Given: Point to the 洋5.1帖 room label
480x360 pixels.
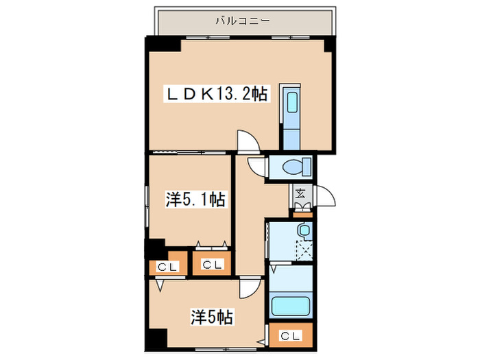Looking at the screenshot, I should coord(195,200).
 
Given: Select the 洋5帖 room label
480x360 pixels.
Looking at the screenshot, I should coord(213,317).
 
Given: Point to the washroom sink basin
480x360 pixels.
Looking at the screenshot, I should coord(303,230).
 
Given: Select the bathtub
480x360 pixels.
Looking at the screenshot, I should coord(291,304).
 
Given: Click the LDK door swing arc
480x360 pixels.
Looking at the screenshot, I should coord(245,139).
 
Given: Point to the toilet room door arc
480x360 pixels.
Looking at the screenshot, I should coord(256,167).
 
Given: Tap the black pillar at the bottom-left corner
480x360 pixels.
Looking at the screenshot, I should coord(157,339).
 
